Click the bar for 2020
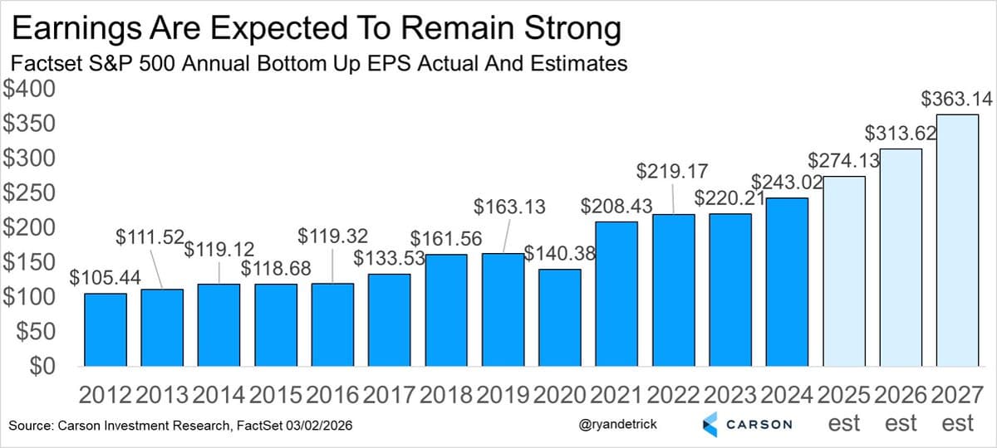point(560,318)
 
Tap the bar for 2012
point(106,330)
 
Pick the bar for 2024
point(787,282)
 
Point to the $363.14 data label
point(957,100)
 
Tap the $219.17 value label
point(672,172)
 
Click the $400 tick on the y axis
point(31,89)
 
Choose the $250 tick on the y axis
point(31,193)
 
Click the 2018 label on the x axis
point(447,394)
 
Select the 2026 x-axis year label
point(900,394)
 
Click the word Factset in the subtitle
point(41,64)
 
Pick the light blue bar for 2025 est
point(844,271)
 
